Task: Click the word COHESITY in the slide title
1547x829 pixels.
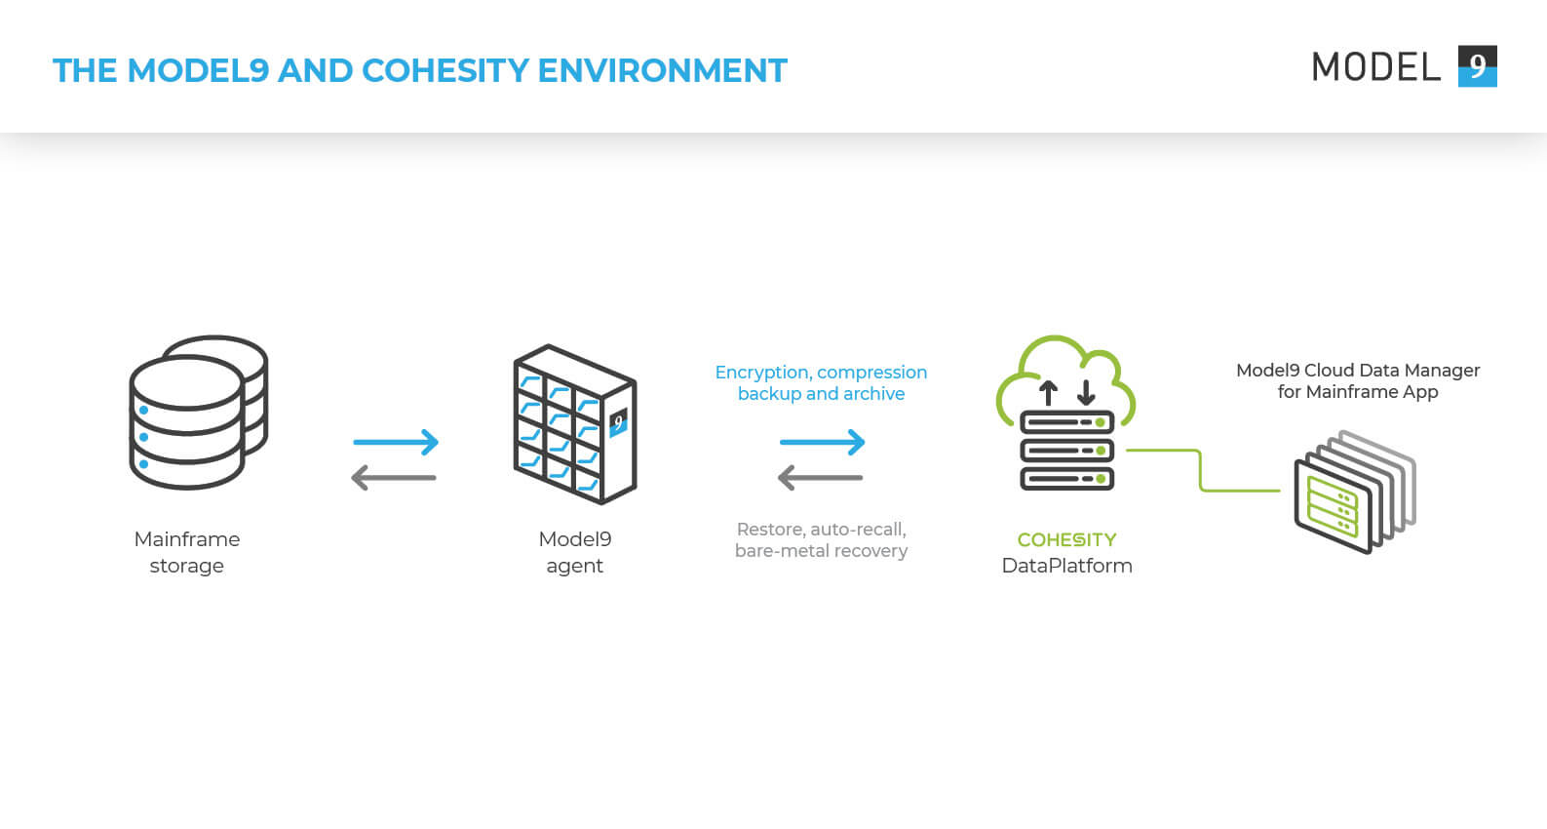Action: pos(445,70)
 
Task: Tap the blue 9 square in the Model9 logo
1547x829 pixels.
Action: pos(1477,66)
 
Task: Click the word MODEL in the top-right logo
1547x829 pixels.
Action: pos(1375,67)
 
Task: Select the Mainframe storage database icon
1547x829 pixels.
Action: pos(198,413)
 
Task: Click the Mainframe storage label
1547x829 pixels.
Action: pos(186,552)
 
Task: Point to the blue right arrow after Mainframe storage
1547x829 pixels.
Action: pos(396,443)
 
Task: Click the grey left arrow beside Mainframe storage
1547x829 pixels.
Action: pos(394,478)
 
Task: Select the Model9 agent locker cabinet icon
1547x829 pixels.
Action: pos(574,424)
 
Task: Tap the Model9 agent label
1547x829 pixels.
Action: pos(574,552)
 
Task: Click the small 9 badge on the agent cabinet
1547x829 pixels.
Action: pos(617,422)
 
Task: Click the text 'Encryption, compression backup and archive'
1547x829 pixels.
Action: pos(821,382)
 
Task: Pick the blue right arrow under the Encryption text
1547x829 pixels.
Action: pos(822,443)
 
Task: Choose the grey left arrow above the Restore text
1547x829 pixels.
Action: pos(820,478)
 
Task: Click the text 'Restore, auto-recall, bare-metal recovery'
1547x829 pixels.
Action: pos(821,539)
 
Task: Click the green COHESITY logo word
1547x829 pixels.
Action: pos(1066,539)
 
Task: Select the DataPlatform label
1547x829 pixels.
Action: pos(1066,566)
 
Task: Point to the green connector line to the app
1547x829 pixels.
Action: pos(1201,471)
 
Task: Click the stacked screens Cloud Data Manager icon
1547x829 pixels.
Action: pos(1354,492)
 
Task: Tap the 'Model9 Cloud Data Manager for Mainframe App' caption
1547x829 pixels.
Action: pos(1357,380)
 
